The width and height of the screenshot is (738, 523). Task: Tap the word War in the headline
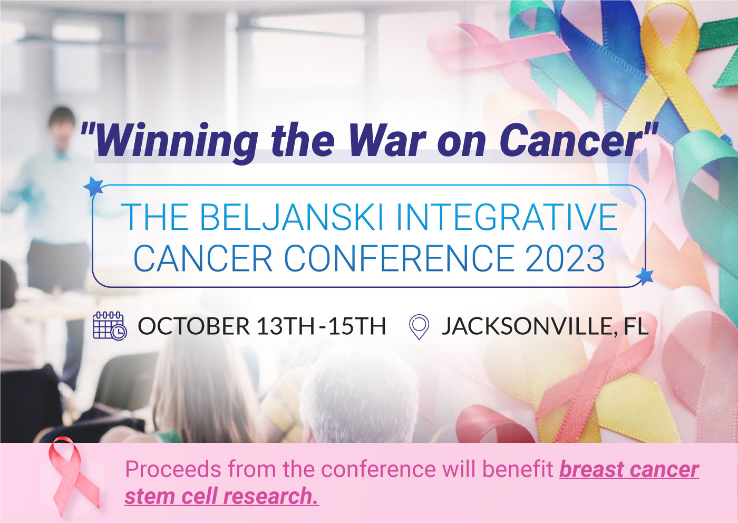pyautogui.click(x=386, y=140)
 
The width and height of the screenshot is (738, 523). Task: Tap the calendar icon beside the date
pyautogui.click(x=110, y=325)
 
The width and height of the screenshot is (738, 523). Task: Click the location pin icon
pyautogui.click(x=419, y=327)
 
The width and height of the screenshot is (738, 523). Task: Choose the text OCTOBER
pyautogui.click(x=193, y=326)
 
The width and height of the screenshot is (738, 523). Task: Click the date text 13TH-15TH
pyautogui.click(x=321, y=326)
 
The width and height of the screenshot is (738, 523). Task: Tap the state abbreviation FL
pyautogui.click(x=635, y=326)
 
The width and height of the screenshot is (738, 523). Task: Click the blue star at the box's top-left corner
pyautogui.click(x=94, y=186)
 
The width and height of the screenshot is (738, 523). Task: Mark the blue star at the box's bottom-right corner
pyautogui.click(x=644, y=276)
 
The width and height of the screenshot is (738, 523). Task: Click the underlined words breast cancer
pyautogui.click(x=629, y=469)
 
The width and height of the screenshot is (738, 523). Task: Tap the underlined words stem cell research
pyautogui.click(x=221, y=496)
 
